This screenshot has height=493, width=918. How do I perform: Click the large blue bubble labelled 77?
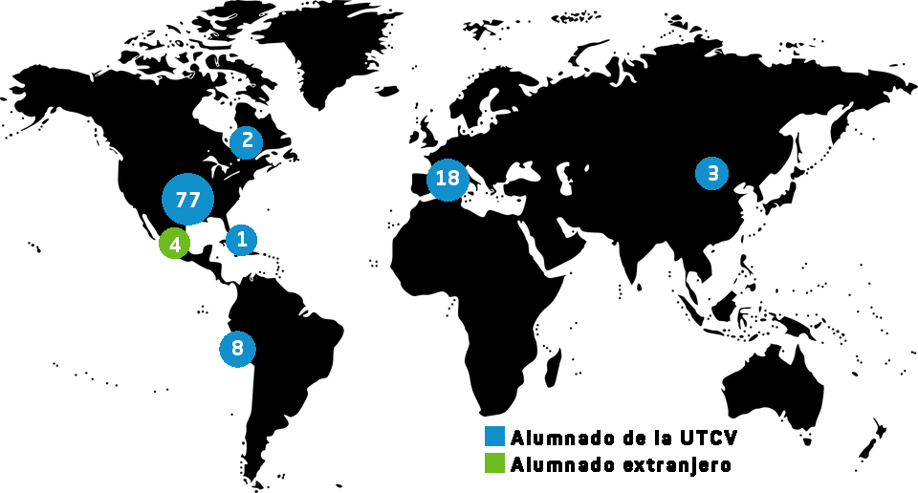(187, 199)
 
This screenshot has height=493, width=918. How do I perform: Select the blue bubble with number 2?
(246, 142)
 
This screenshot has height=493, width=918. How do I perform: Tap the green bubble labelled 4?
(174, 243)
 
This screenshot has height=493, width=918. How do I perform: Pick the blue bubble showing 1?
(241, 240)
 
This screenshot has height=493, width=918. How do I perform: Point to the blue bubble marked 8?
(237, 349)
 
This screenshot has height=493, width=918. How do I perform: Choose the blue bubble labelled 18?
(448, 180)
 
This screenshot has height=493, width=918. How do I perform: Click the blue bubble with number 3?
(711, 173)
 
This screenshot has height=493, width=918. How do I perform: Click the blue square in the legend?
(494, 436)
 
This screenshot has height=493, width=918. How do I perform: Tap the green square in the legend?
(494, 462)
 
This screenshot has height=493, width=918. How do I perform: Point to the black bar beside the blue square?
(617, 437)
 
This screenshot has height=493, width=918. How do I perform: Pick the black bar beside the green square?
(617, 465)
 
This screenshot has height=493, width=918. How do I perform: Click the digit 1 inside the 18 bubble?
(441, 179)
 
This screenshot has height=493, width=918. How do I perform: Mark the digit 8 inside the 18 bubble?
(453, 179)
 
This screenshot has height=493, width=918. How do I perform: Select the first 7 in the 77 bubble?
(181, 201)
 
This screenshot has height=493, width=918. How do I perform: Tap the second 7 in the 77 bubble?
(194, 201)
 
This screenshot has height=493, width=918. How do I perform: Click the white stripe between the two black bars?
(617, 450)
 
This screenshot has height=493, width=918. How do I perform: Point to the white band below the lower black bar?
(617, 478)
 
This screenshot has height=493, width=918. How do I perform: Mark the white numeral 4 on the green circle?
(175, 245)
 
